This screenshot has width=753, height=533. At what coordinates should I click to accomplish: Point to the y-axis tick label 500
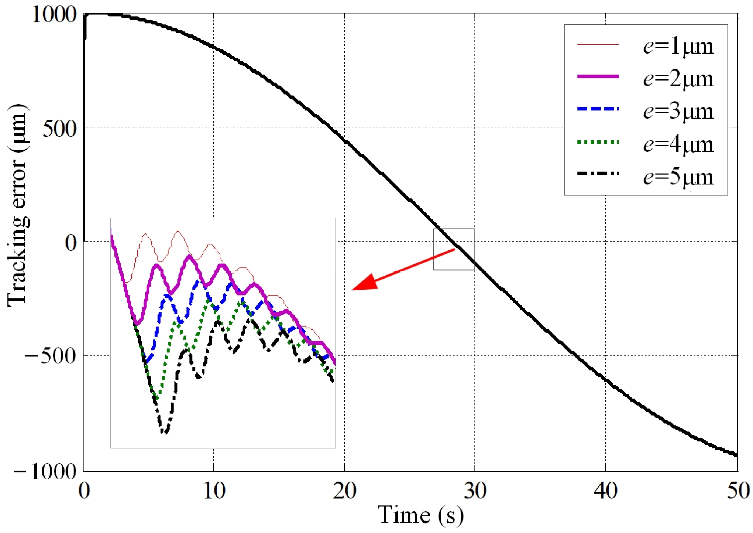point(59,129)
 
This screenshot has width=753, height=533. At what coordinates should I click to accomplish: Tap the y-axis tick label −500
point(51,356)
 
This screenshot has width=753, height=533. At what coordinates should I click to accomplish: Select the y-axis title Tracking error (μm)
point(18,205)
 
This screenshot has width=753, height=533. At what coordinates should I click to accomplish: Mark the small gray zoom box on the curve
point(454,249)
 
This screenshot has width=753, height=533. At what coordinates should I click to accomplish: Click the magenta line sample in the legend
point(598,76)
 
